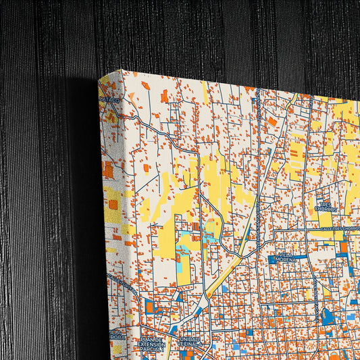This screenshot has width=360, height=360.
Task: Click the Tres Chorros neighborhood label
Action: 325,207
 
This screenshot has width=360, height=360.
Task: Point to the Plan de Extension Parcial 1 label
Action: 151,345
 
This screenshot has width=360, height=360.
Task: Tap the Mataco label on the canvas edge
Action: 109,100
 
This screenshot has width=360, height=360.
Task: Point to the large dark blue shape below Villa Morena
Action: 328,315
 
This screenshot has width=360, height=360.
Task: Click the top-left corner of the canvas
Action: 100,80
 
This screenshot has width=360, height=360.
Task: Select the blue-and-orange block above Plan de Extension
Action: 152,307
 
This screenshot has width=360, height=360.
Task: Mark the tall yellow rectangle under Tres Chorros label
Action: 326,220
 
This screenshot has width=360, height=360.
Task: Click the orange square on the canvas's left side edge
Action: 113,204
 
